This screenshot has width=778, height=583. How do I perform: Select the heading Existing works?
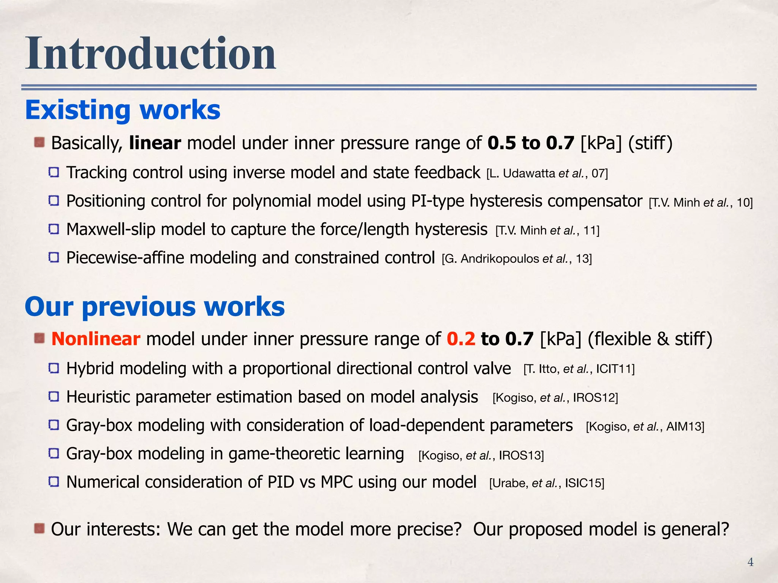122,110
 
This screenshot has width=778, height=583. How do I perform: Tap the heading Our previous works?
155,306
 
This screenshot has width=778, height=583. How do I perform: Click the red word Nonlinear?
96,339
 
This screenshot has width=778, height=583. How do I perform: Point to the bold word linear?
155,143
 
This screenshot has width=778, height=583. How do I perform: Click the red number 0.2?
461,339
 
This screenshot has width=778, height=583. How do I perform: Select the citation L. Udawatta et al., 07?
547,174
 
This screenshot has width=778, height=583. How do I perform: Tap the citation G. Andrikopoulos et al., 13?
517,259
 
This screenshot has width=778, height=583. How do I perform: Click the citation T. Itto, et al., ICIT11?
579,369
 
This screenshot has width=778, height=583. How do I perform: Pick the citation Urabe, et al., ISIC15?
547,483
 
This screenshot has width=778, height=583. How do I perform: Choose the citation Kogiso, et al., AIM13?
645,427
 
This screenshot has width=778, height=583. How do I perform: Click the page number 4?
750,562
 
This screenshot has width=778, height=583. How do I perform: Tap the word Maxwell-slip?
111,230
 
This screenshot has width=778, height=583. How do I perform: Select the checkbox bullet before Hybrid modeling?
54,368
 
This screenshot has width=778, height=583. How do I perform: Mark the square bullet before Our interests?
40,528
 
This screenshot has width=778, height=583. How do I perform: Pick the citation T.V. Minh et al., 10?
701,203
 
